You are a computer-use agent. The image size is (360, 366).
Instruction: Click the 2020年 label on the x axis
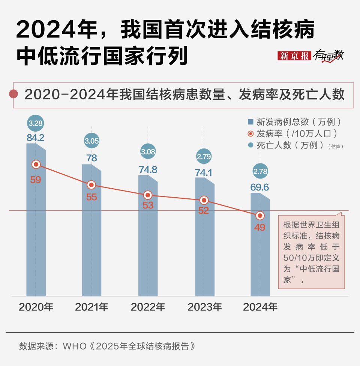(x=36, y=307)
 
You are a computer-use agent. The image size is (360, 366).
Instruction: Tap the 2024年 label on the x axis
(x=260, y=307)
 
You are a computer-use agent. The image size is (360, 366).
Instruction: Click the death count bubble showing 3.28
(x=36, y=123)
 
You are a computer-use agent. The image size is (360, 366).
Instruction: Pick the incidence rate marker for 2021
(x=91, y=185)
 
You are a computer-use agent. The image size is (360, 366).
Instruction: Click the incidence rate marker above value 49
(x=260, y=216)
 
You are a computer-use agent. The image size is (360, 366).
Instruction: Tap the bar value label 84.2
(x=36, y=138)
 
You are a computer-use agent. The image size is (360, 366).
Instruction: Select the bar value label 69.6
(x=260, y=187)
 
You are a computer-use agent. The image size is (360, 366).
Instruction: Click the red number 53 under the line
(x=148, y=205)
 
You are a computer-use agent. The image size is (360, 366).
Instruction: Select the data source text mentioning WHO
(x=107, y=346)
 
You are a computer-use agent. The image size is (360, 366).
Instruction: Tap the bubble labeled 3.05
(x=91, y=141)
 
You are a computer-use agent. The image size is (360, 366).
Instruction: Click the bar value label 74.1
(x=204, y=172)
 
